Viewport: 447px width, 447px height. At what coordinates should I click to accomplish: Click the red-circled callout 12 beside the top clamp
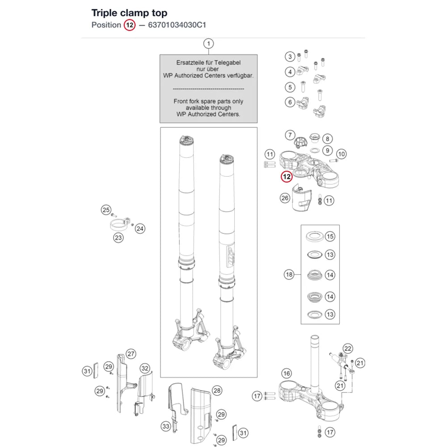click(287, 177)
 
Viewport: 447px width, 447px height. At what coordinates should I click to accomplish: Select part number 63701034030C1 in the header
click(177, 25)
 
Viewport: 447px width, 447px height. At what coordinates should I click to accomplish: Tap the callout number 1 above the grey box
click(208, 44)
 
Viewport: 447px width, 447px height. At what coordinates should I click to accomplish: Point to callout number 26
click(285, 198)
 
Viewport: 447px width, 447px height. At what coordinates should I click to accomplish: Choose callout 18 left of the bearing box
click(289, 274)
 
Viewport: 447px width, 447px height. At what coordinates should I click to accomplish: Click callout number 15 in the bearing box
click(330, 236)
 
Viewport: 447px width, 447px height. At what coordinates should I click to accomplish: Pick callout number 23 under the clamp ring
click(118, 238)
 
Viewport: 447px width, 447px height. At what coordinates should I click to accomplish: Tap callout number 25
click(106, 210)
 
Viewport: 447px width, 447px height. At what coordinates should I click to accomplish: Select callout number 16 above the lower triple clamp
click(287, 373)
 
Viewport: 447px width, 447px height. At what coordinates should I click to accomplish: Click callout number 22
click(348, 348)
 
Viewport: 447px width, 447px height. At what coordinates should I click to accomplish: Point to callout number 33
click(166, 426)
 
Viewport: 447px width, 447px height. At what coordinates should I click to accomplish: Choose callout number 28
click(217, 391)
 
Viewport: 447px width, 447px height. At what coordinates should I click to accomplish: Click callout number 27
click(131, 354)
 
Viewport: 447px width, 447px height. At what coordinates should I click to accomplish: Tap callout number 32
click(145, 368)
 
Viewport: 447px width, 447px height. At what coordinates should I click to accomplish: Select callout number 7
click(290, 135)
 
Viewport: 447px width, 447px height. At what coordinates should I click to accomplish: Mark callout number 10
click(341, 154)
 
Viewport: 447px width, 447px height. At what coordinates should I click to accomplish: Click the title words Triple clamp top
click(129, 13)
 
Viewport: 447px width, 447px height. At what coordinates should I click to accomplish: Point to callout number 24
click(139, 228)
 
